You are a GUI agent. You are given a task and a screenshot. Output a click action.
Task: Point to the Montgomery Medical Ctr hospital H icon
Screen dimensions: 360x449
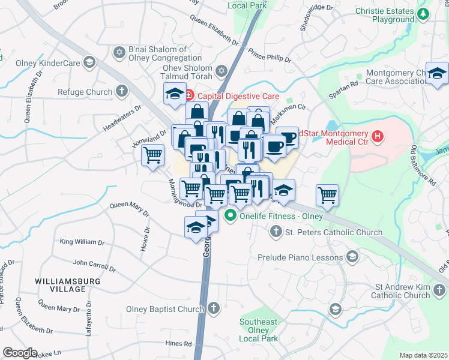[377, 137]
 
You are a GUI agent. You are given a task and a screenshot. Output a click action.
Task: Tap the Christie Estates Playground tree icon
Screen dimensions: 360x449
[424, 13]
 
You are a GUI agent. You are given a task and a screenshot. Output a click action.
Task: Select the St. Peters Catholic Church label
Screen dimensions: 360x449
[334, 232]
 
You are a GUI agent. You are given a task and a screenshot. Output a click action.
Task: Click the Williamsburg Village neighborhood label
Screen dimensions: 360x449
[60, 285]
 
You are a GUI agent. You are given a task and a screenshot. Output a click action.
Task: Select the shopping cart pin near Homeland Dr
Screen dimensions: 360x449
[153, 155]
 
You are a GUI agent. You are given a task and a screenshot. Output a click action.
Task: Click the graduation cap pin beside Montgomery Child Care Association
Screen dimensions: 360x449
[438, 73]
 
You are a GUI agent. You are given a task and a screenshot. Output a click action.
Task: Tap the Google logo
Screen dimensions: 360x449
[20, 353]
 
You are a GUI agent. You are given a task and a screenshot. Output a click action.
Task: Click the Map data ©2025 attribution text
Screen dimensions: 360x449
[423, 355]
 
